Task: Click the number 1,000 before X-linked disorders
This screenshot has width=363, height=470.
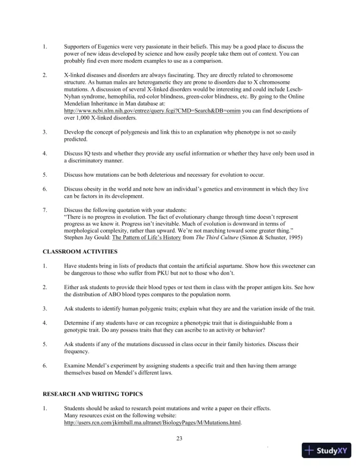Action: click(85, 117)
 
